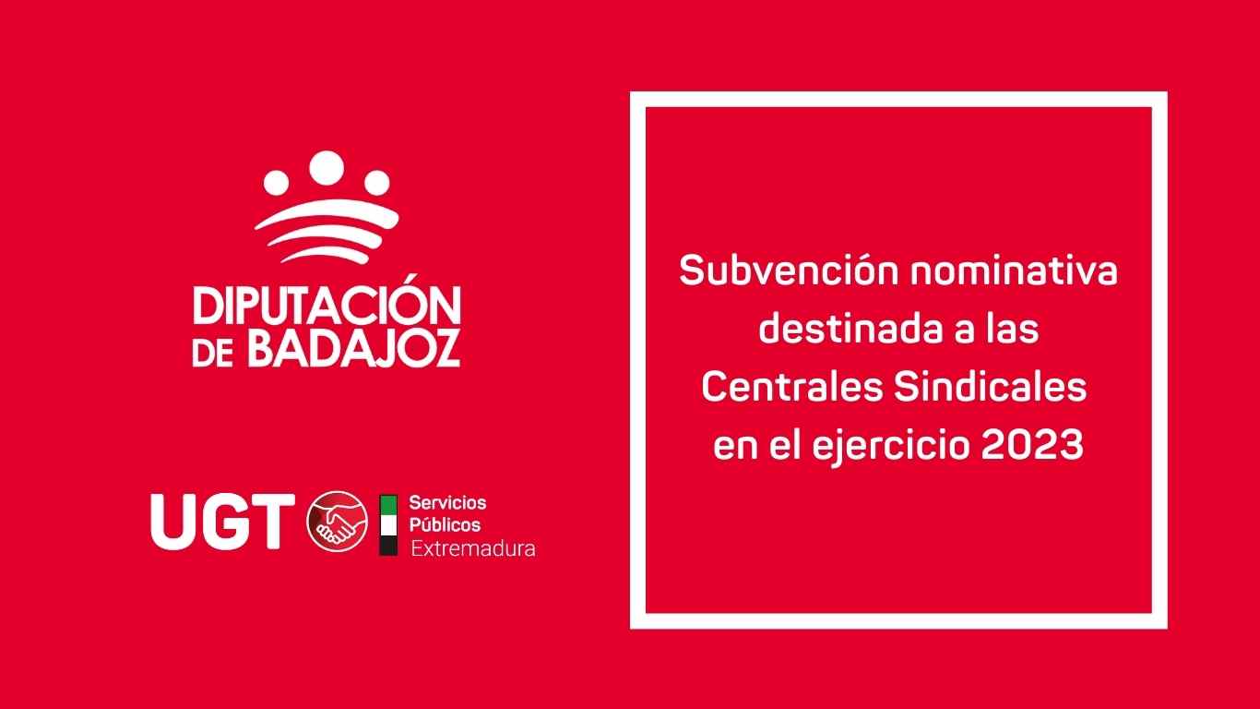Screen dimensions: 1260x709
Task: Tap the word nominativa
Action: tap(1014, 270)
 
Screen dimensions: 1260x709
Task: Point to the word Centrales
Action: tap(792, 388)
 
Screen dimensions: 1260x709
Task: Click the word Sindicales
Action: tap(990, 388)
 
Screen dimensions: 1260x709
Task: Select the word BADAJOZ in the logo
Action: tap(354, 349)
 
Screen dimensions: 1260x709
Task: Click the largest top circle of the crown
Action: tap(327, 168)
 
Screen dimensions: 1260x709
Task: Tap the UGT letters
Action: tap(222, 522)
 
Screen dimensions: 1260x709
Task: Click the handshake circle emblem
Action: tap(337, 521)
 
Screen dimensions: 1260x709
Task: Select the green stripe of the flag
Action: tap(388, 505)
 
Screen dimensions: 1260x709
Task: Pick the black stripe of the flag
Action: tap(388, 546)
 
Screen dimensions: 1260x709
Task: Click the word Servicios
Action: tap(447, 502)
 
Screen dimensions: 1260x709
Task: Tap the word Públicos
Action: tap(445, 525)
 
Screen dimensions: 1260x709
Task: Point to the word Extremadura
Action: tap(473, 548)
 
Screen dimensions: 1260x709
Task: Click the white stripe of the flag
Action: tap(388, 525)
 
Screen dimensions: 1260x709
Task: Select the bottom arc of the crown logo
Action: tap(325, 255)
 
